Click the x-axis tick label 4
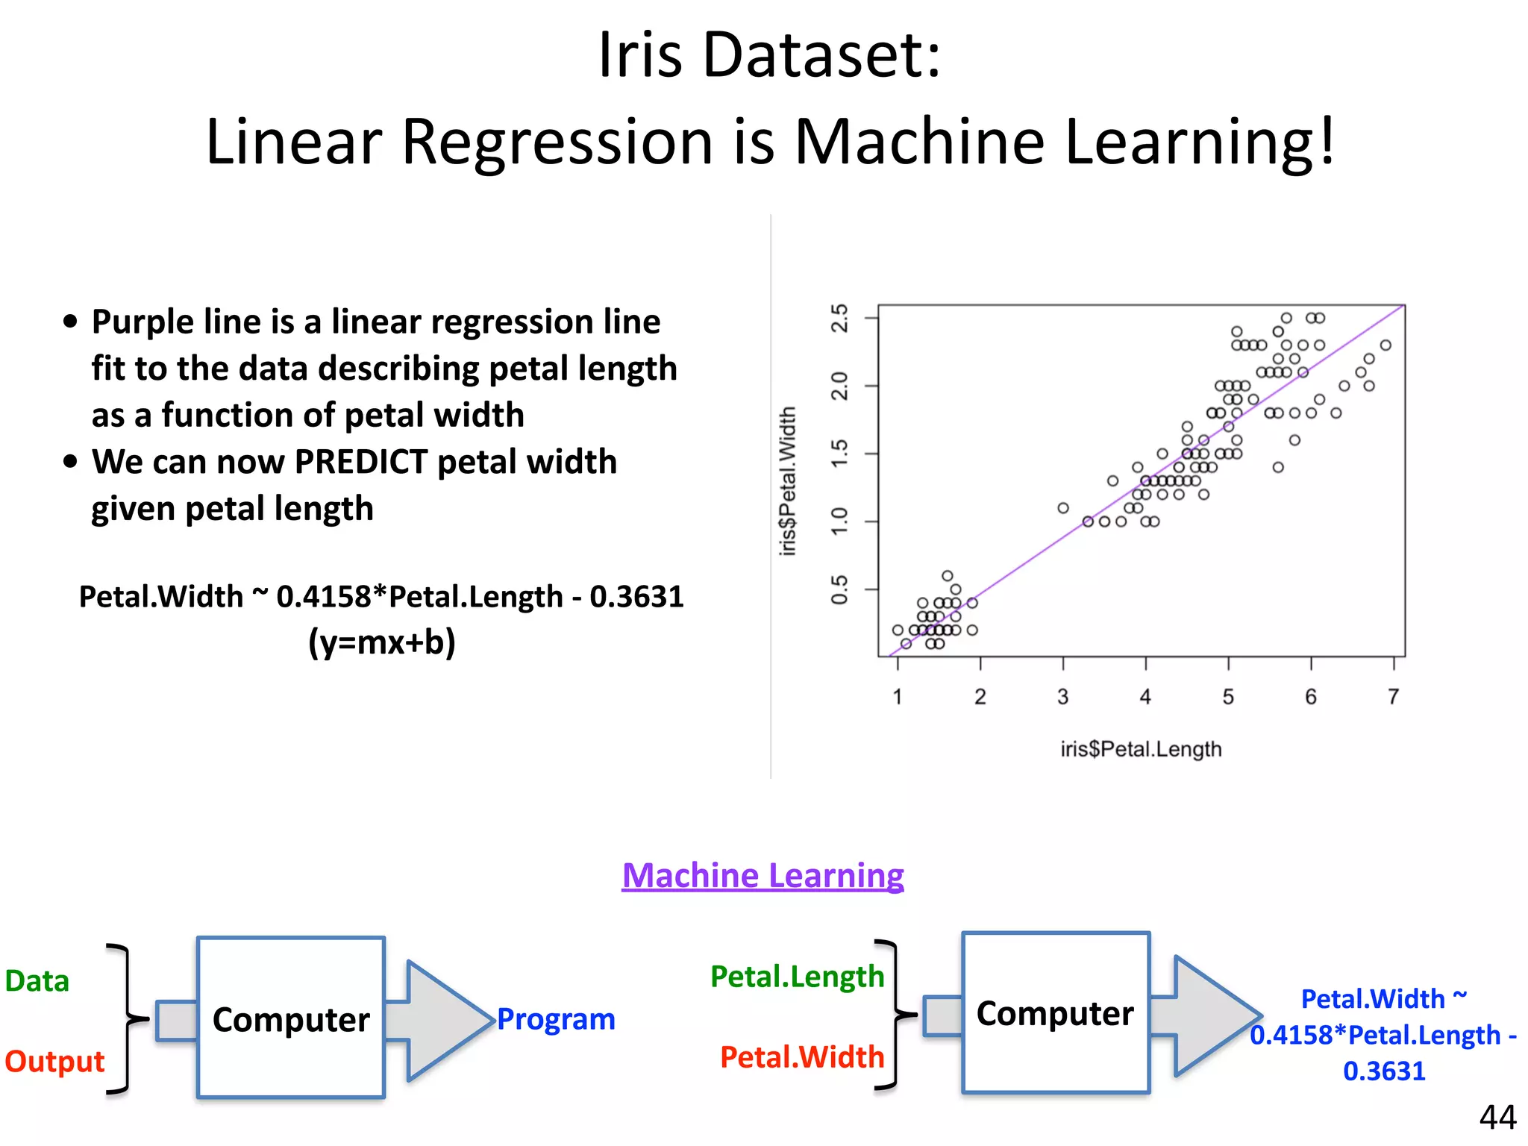pyautogui.click(x=1145, y=697)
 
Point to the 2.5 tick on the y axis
pyautogui.click(x=840, y=318)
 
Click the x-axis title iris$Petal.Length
pyautogui.click(x=1141, y=748)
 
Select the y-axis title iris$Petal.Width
pyautogui.click(x=788, y=480)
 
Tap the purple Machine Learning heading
pyautogui.click(x=763, y=875)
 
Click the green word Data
pyautogui.click(x=37, y=980)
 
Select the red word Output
pyautogui.click(x=54, y=1061)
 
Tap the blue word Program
pyautogui.click(x=556, y=1019)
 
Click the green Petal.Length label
pyautogui.click(x=797, y=976)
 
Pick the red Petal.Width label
pyautogui.click(x=802, y=1056)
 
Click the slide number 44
pyautogui.click(x=1497, y=1117)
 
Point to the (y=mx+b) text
pyautogui.click(x=382, y=642)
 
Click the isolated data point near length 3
pyautogui.click(x=1063, y=508)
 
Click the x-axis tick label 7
pyautogui.click(x=1393, y=697)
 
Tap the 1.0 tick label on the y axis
pyautogui.click(x=840, y=521)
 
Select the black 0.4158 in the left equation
pyautogui.click(x=323, y=597)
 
